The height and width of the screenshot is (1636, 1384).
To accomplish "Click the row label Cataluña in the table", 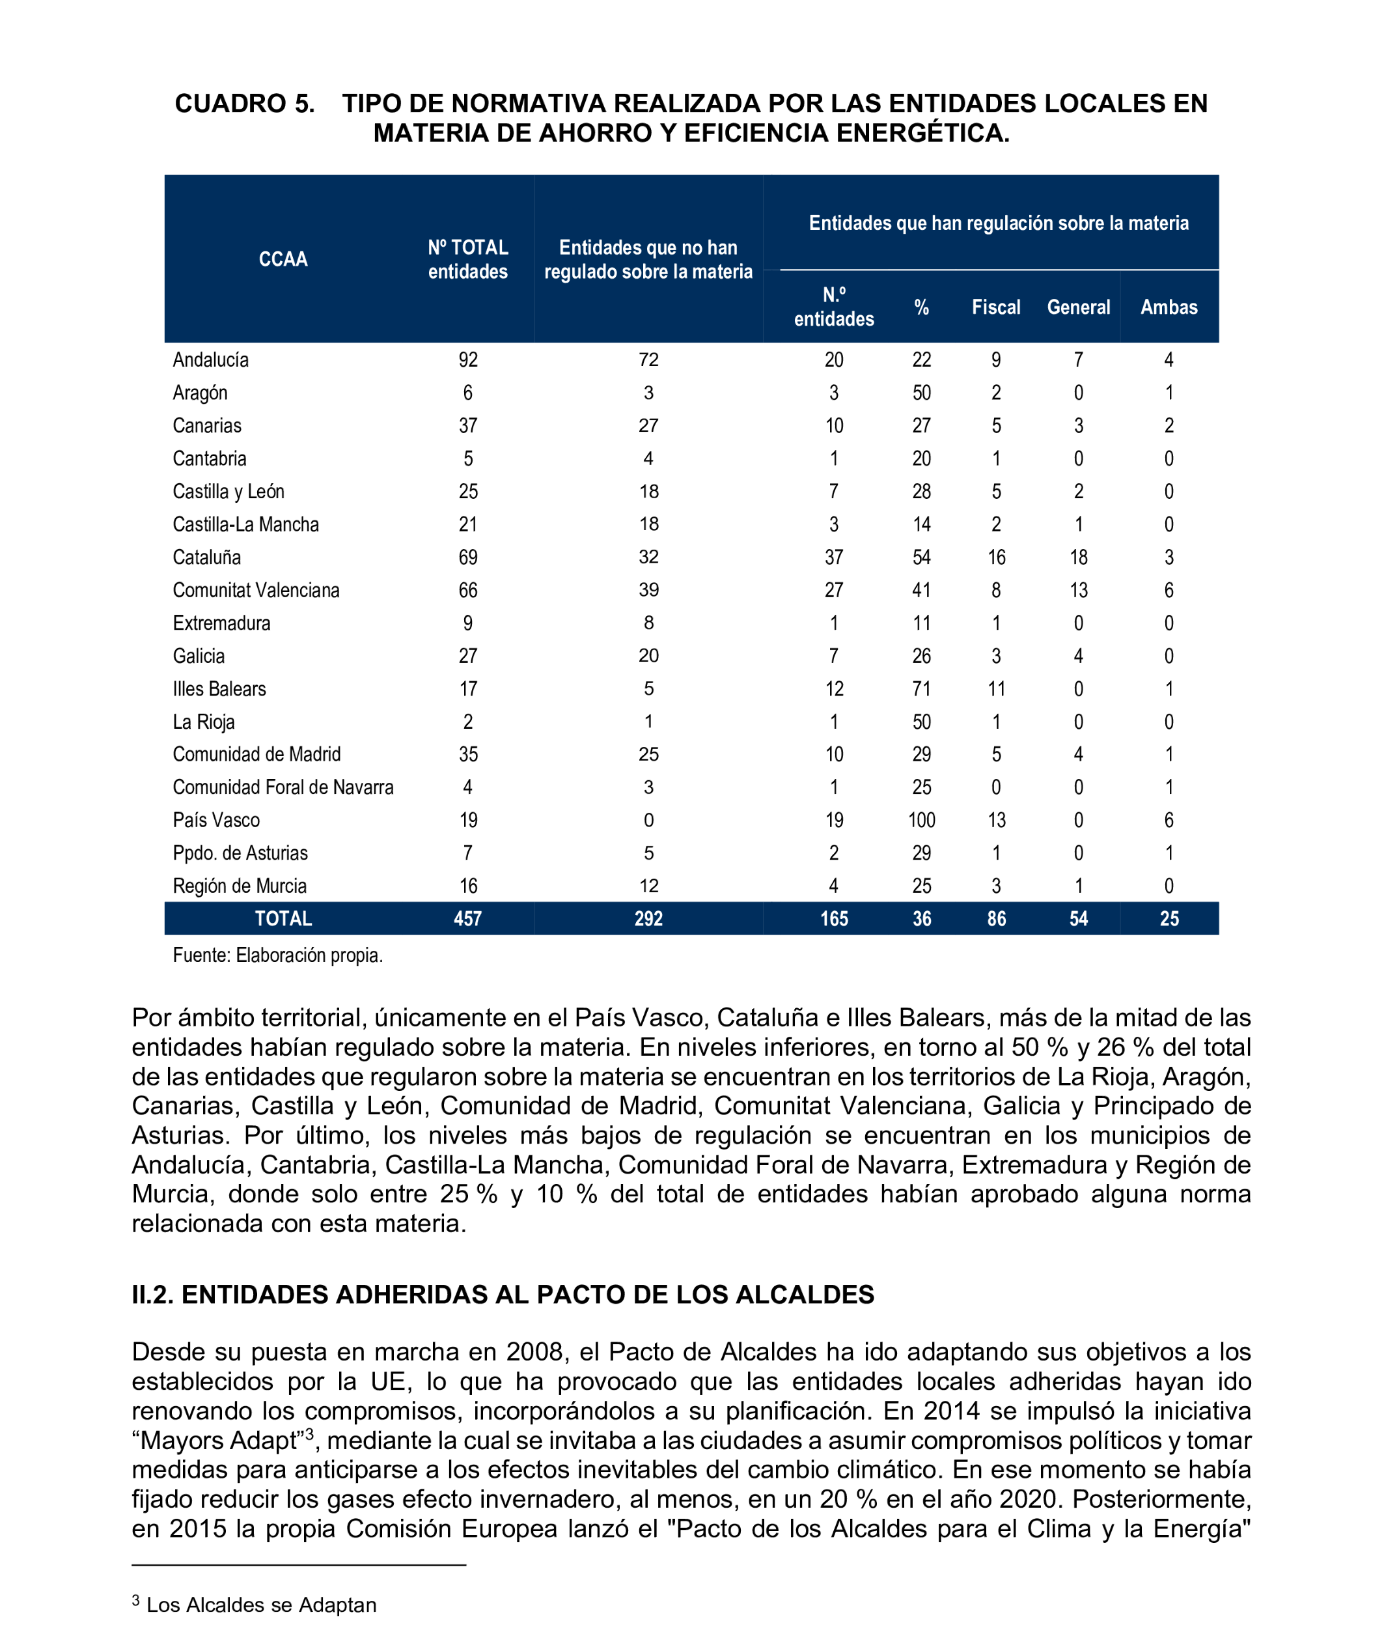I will [x=206, y=557].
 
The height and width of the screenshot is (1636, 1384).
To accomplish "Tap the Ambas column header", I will [x=1169, y=307].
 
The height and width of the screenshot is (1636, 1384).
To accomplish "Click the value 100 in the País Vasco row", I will [x=921, y=821].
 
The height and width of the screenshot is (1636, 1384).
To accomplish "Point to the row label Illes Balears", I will [x=219, y=689].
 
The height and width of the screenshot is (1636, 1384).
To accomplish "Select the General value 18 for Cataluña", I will [x=1078, y=557].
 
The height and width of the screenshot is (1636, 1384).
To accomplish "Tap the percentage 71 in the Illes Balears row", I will [x=921, y=689].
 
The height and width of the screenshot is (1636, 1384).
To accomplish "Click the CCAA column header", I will [x=283, y=259].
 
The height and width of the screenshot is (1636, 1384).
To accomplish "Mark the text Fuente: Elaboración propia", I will [x=278, y=955].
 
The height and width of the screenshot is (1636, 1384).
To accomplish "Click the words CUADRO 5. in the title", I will [x=245, y=104].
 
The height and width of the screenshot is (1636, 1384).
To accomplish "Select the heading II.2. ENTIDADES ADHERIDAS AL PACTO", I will [x=502, y=1295].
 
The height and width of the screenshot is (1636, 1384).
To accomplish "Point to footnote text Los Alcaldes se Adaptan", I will [x=261, y=1605].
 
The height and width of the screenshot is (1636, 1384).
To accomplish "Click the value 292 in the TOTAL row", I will [x=648, y=918].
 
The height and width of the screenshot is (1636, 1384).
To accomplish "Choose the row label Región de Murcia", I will [x=240, y=886].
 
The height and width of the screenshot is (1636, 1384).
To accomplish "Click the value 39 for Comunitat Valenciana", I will [x=648, y=590].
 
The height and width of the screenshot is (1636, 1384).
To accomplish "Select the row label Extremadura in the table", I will [x=221, y=623].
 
